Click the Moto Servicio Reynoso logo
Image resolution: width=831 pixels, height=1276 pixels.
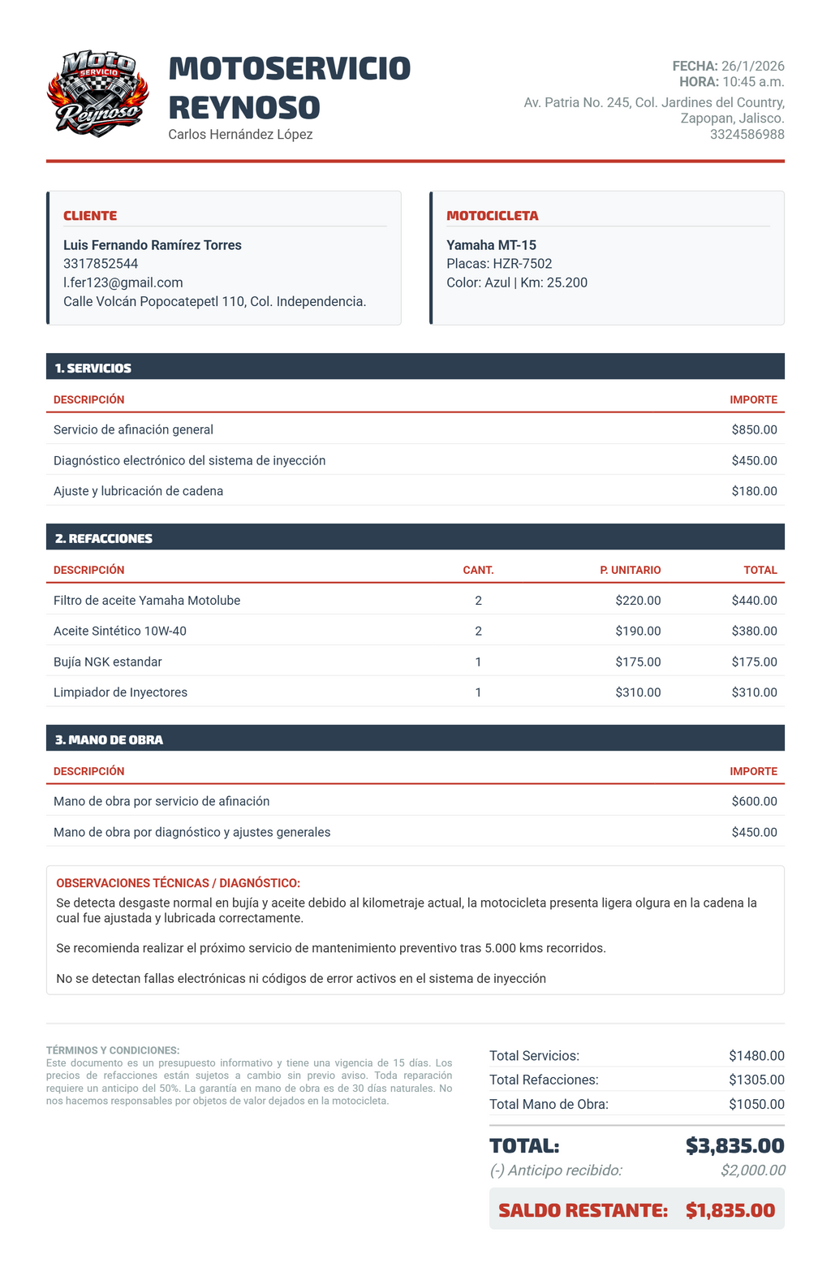coord(98,93)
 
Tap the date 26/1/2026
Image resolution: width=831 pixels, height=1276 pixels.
coord(753,67)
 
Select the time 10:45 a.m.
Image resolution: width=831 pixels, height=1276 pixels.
coord(753,82)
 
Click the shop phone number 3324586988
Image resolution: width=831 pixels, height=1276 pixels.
coord(747,135)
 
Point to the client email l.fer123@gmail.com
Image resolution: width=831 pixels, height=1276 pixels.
coord(123,282)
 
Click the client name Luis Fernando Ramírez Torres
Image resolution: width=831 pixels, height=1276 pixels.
coord(153,245)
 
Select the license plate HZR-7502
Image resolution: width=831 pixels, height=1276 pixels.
coord(522,264)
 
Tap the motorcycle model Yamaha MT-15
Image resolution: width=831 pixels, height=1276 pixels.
coord(491,245)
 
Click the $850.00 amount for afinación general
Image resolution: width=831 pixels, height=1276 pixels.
coord(754,429)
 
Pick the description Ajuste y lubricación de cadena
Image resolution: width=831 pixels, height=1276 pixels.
coord(138,491)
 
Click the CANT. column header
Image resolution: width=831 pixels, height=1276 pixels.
coord(478,570)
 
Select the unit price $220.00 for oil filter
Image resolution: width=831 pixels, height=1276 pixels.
coord(638,601)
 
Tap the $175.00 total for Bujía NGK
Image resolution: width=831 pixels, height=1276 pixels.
coord(754,662)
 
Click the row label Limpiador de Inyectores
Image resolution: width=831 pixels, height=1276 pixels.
coord(120,692)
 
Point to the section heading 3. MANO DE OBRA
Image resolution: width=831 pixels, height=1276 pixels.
coord(109,739)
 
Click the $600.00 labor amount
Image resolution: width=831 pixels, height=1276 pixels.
coord(754,801)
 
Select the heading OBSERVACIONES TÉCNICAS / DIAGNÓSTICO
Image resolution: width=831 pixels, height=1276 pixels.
coord(178,883)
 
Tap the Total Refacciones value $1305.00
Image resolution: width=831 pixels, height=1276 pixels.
coord(756,1080)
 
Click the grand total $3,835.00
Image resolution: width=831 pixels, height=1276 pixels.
coord(734,1145)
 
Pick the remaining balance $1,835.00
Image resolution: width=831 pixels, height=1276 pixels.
coord(730,1210)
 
